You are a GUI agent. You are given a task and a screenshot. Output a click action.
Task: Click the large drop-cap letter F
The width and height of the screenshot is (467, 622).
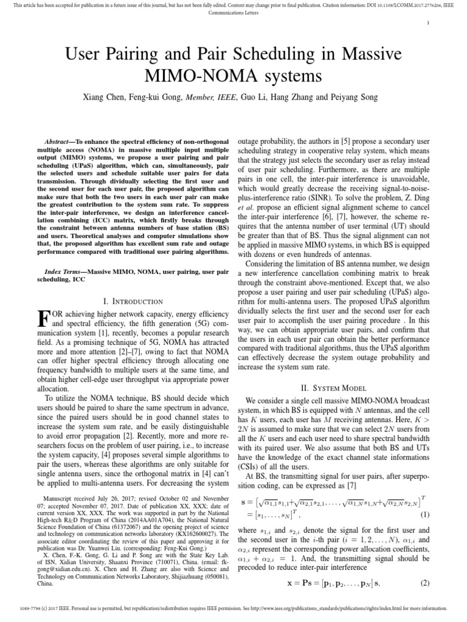click(x=43, y=320)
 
